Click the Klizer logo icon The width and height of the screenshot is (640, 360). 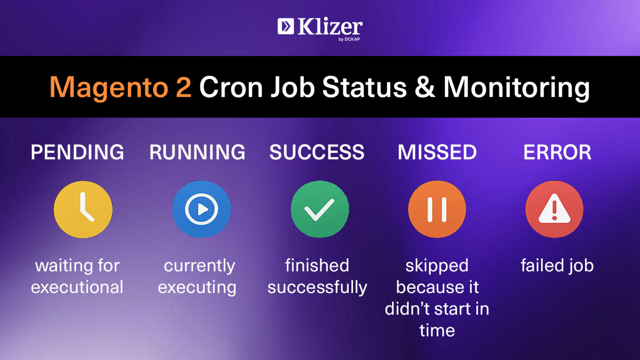[x=286, y=26]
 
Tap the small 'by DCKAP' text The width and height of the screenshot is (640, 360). [x=349, y=39]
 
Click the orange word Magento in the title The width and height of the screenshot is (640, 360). [x=109, y=87]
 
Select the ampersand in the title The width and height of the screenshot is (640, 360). [x=424, y=87]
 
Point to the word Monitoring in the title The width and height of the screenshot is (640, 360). [x=516, y=87]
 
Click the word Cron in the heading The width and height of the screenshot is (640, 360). [x=231, y=87]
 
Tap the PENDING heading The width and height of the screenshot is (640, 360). [x=77, y=152]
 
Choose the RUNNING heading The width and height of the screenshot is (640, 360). [x=197, y=152]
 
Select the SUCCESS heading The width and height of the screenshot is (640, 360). [x=317, y=152]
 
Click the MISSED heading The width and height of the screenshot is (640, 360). [x=437, y=152]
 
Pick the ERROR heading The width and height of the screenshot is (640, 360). [x=557, y=152]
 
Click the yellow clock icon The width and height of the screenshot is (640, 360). [x=83, y=209]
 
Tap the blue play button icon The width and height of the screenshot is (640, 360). [x=202, y=209]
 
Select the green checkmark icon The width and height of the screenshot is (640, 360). [x=320, y=209]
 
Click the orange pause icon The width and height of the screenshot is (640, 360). [x=437, y=209]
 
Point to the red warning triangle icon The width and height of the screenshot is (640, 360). [x=554, y=209]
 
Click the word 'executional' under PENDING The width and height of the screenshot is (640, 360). [x=77, y=287]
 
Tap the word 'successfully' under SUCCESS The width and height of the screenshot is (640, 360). [x=317, y=287]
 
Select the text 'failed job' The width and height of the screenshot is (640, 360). [x=557, y=265]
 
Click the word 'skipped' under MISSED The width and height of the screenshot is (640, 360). [x=437, y=265]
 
